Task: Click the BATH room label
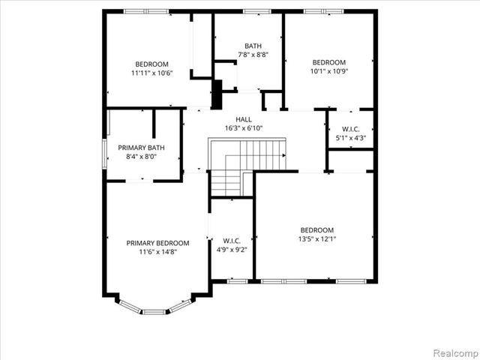point(252,46)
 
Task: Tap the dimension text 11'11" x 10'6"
point(151,73)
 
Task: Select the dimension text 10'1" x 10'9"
point(329,71)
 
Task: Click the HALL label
point(244,119)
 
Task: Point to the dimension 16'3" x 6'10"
point(244,128)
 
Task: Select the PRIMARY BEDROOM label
point(157,243)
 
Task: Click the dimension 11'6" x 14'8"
point(157,252)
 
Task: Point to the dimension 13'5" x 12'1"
point(318,239)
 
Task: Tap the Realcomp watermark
point(454,352)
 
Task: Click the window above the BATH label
point(256,11)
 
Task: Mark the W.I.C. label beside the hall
point(350,128)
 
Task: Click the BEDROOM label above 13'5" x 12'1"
point(318,230)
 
